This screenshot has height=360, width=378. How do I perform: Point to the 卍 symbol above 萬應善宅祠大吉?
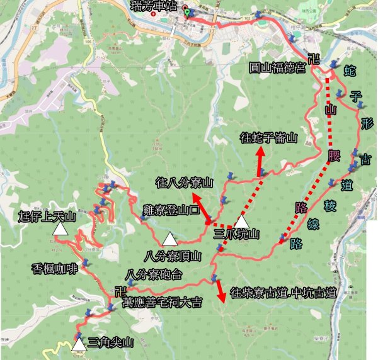[x=120, y=291]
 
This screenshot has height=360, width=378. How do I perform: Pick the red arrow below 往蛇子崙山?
[x=261, y=160]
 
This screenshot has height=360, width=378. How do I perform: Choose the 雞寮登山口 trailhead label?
[x=171, y=210]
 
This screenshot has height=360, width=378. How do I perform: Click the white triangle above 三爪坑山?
[x=243, y=221]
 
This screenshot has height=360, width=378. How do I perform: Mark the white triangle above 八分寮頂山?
[x=168, y=239]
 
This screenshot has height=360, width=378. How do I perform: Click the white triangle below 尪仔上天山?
[x=60, y=230]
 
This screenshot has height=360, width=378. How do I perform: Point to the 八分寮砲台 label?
[x=154, y=274]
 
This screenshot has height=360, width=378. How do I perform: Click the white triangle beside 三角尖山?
[x=79, y=345]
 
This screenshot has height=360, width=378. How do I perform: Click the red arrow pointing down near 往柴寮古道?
[x=220, y=290]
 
